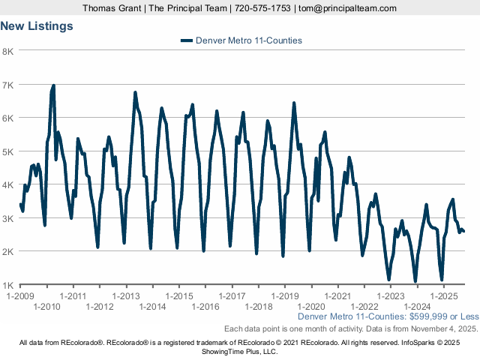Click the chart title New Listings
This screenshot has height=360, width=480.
pos(37,26)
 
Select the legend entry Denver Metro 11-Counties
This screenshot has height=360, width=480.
pos(248,40)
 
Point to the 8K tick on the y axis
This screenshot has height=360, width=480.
pos(8,51)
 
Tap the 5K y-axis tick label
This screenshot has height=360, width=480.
pos(8,151)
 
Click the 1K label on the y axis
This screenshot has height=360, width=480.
pos(8,285)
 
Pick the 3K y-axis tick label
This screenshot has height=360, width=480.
pos(8,218)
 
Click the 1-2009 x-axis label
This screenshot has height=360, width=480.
pos(19,296)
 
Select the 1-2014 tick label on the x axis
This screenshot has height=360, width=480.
pos(152,307)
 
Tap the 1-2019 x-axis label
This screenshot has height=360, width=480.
pos(285,296)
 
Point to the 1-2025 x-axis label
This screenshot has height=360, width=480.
pos(444,296)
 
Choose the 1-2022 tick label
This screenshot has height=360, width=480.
pos(364,307)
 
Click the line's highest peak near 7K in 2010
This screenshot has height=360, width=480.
pos(53,85)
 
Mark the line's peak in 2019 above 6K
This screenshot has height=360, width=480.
pos(294,103)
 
